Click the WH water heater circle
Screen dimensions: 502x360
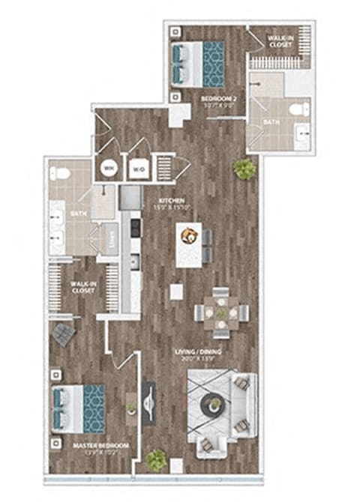pos(109,169)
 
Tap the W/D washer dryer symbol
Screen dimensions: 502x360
pos(139,169)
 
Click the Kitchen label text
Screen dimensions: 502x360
pos(172,203)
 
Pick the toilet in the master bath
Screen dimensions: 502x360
pos(62,174)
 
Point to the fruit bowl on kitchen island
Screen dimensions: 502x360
pos(189,237)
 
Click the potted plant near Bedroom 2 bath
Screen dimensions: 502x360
pos(244,169)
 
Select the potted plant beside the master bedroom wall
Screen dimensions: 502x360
pos(156,458)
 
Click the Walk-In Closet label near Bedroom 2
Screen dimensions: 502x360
pos(280,42)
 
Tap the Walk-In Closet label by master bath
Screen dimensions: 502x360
pos(82,287)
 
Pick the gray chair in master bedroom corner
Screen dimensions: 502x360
pos(62,333)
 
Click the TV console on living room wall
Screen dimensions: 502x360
pos(148,405)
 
